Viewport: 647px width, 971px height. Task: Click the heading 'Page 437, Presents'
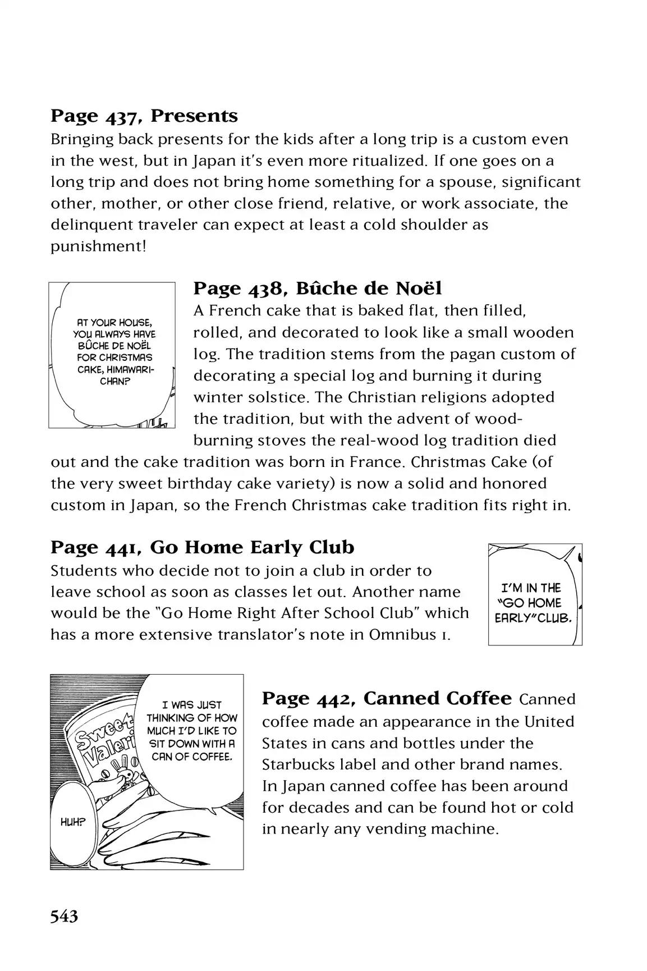click(144, 116)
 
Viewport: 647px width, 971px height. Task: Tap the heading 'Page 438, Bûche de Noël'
click(318, 288)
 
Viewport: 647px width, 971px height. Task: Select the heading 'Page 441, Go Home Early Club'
click(202, 547)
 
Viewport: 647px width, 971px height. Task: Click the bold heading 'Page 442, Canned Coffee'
click(387, 698)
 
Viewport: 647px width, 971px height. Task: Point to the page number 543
click(64, 917)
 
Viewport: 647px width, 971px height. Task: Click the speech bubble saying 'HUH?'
click(73, 822)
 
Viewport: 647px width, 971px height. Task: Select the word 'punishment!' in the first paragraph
click(98, 246)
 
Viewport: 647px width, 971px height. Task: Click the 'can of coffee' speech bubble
click(192, 731)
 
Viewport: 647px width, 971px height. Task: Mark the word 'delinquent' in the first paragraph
click(95, 225)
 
